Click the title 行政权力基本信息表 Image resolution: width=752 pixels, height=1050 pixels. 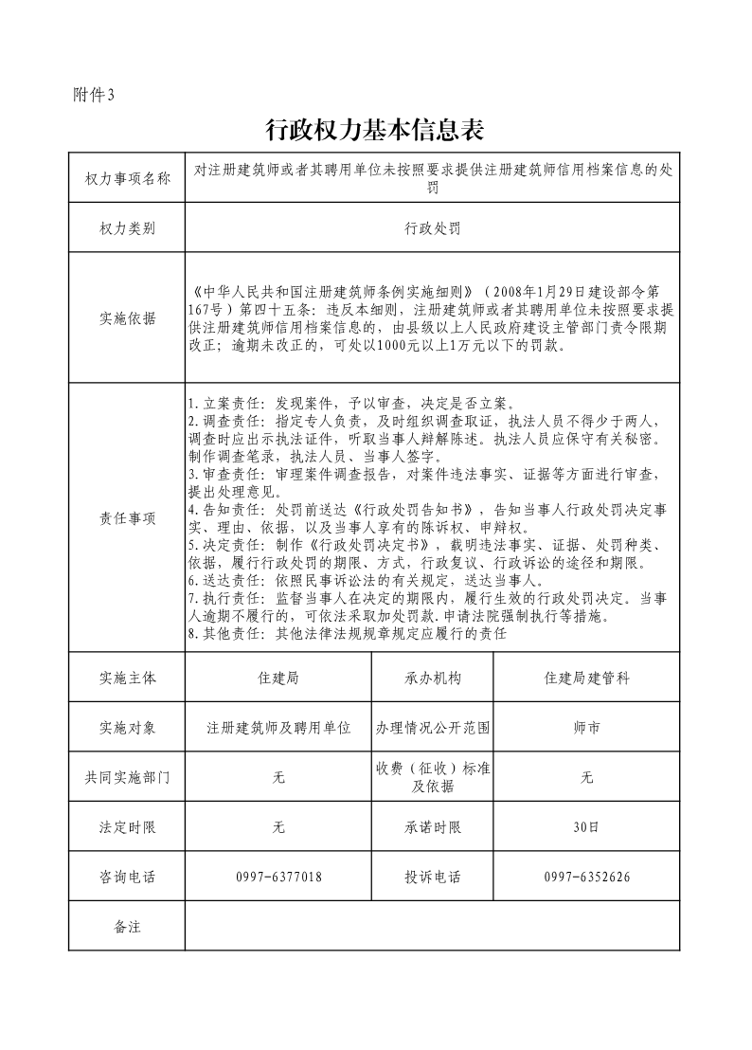point(376,129)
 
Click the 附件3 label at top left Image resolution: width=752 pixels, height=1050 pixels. point(93,94)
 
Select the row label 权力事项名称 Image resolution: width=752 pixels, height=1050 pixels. point(128,179)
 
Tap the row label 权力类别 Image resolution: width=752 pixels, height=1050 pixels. point(128,228)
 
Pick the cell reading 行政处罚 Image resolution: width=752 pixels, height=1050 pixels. point(432,228)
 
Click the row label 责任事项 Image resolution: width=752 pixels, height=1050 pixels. point(128,518)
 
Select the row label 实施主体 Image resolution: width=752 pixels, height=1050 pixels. point(128,679)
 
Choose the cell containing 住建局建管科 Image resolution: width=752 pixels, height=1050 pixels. point(586,679)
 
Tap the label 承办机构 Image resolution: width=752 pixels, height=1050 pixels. point(433,679)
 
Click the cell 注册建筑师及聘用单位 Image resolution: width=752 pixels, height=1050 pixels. point(279,728)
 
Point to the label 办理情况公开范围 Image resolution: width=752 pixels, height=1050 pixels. point(433,728)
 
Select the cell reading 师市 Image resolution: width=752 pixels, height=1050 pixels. point(586,728)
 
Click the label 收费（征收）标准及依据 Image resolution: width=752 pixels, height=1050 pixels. point(433,777)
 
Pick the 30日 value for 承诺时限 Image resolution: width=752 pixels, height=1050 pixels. point(586,827)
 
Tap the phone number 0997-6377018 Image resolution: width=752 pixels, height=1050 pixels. point(279,877)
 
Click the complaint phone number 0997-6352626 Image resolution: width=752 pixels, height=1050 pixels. point(586,877)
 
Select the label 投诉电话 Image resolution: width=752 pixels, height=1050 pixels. point(433,877)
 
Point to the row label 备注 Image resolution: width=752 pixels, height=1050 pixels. point(128,926)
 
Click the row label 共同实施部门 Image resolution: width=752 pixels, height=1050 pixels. point(128,777)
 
